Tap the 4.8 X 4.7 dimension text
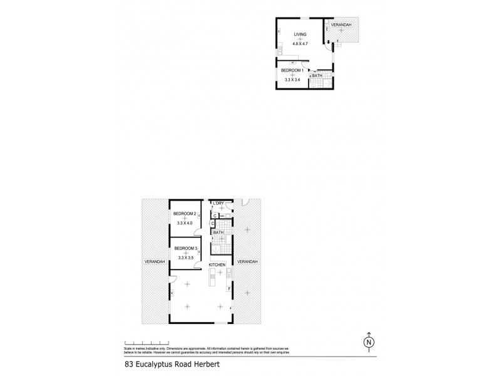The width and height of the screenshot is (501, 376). pyautogui.click(x=301, y=44)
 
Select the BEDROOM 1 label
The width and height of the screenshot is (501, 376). pyautogui.click(x=292, y=70)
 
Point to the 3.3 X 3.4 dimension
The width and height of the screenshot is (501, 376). pyautogui.click(x=292, y=81)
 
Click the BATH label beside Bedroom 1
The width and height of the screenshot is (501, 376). pyautogui.click(x=318, y=76)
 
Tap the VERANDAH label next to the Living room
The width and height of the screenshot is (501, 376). pyautogui.click(x=341, y=24)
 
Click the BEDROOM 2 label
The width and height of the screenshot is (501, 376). pyautogui.click(x=185, y=214)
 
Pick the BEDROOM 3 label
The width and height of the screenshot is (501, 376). pyautogui.click(x=186, y=249)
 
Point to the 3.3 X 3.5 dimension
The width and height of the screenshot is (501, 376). pyautogui.click(x=186, y=258)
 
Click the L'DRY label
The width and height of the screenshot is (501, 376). pyautogui.click(x=219, y=204)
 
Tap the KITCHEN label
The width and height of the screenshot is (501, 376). pyautogui.click(x=217, y=265)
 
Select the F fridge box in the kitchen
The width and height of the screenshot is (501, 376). pyautogui.click(x=229, y=288)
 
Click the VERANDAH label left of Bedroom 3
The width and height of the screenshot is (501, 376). pyautogui.click(x=154, y=261)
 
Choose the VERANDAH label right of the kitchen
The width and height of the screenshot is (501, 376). pyautogui.click(x=247, y=261)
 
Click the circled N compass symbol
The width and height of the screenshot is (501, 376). pyautogui.click(x=369, y=342)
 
